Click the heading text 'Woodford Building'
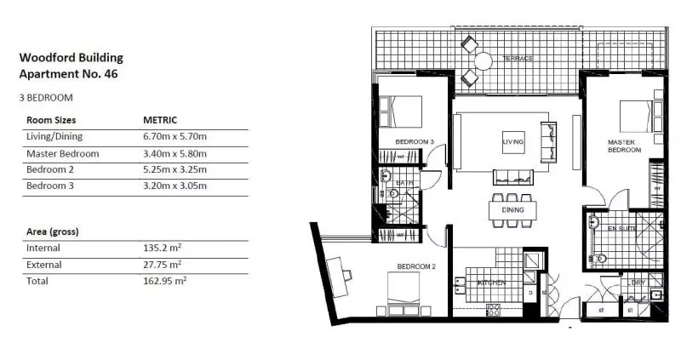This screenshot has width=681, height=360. click(x=71, y=58)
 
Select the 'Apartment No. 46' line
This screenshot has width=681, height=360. click(x=68, y=74)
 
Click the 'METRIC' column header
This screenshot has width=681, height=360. click(x=161, y=121)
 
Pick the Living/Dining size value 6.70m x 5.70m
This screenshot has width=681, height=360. click(x=176, y=137)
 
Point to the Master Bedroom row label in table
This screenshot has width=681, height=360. click(x=62, y=154)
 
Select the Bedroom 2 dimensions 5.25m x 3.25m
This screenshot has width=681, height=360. click(x=176, y=170)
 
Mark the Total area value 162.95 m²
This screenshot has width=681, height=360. click(x=165, y=280)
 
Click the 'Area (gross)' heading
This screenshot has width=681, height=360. click(x=54, y=231)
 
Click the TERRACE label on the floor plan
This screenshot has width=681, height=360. click(x=517, y=59)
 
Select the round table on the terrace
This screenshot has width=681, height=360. click(x=484, y=60)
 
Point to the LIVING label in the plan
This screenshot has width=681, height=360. click(x=512, y=141)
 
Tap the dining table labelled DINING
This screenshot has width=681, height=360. click(x=512, y=209)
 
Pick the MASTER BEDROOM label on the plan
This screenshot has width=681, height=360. click(x=623, y=146)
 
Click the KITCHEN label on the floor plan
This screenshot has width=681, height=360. click(x=492, y=282)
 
